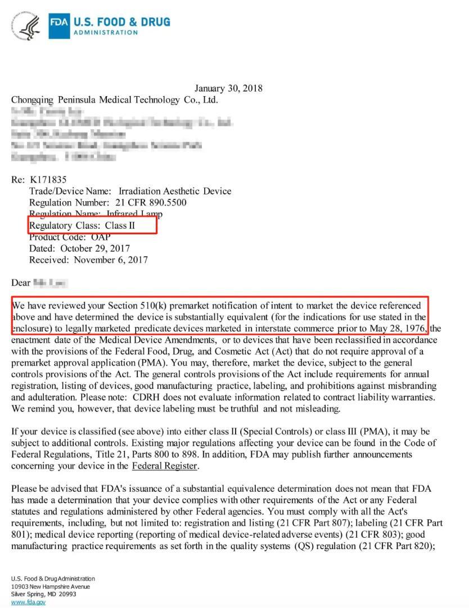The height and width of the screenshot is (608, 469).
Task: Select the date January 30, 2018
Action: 228,88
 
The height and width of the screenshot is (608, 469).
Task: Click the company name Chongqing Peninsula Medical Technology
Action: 114,99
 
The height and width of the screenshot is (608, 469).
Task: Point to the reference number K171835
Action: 48,180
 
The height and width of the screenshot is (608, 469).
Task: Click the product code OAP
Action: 101,237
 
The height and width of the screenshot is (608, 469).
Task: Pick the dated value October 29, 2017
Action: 95,248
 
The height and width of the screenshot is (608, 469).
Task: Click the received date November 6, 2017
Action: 111,260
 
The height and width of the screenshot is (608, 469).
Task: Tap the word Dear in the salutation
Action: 21,283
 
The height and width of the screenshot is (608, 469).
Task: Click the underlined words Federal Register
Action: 164,466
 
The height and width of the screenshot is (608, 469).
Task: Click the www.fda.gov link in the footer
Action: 28,602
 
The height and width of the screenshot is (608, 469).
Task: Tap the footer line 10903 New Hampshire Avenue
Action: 50,587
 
